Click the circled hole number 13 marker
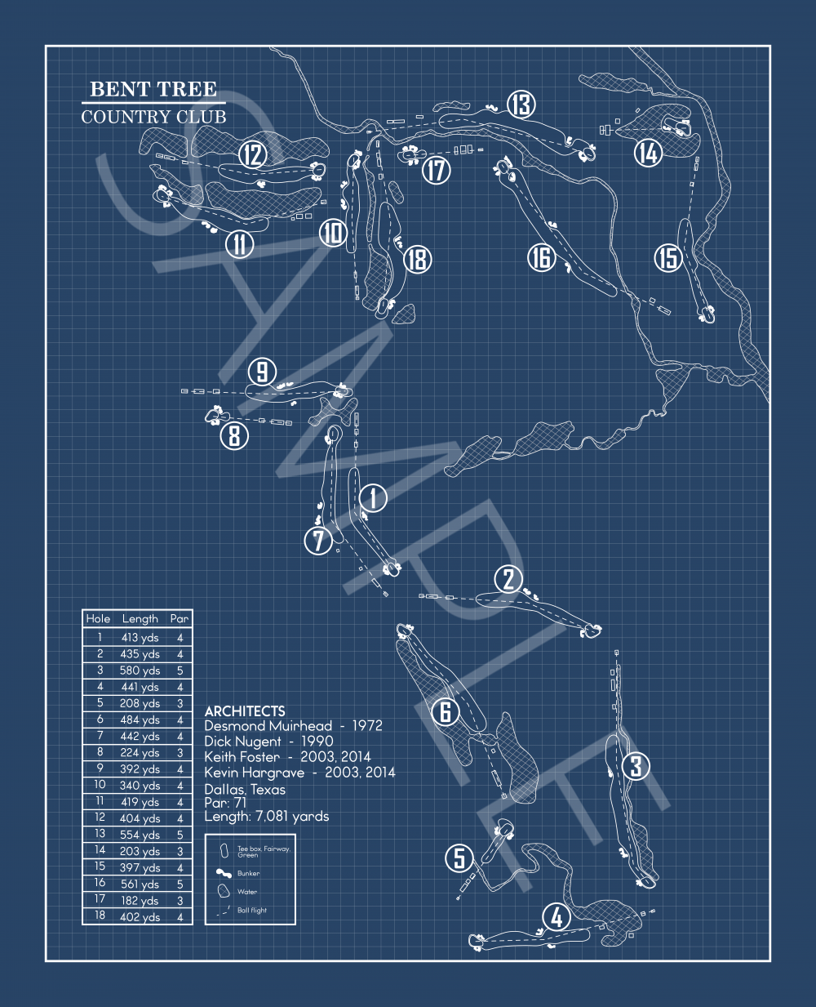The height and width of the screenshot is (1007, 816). coord(521,105)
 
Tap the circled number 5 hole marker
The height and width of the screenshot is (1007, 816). coord(459,858)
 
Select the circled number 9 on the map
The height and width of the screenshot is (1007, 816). coord(262,372)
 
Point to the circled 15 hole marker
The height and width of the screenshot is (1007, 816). coord(668,258)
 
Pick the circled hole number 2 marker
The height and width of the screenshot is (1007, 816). coord(508,579)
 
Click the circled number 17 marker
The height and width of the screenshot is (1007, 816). coord(437,170)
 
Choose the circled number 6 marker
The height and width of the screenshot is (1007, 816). coord(446,711)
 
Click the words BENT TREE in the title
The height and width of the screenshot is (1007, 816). coord(153,89)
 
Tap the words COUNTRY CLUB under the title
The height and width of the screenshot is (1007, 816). coord(153,117)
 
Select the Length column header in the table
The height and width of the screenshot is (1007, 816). coord(140,619)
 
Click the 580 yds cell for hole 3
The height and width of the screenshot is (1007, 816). coord(140,671)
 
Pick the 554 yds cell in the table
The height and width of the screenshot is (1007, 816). coord(140,835)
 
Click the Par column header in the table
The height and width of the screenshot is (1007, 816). coord(180,619)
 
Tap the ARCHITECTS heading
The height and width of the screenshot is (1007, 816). coord(245,711)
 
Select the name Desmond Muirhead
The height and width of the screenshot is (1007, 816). coord(268,726)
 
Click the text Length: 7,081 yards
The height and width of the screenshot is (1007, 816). coord(267,817)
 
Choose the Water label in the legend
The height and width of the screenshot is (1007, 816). coord(247,892)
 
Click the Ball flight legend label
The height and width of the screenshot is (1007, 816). coord(252,910)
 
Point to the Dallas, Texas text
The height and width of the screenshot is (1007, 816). coord(245,790)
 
